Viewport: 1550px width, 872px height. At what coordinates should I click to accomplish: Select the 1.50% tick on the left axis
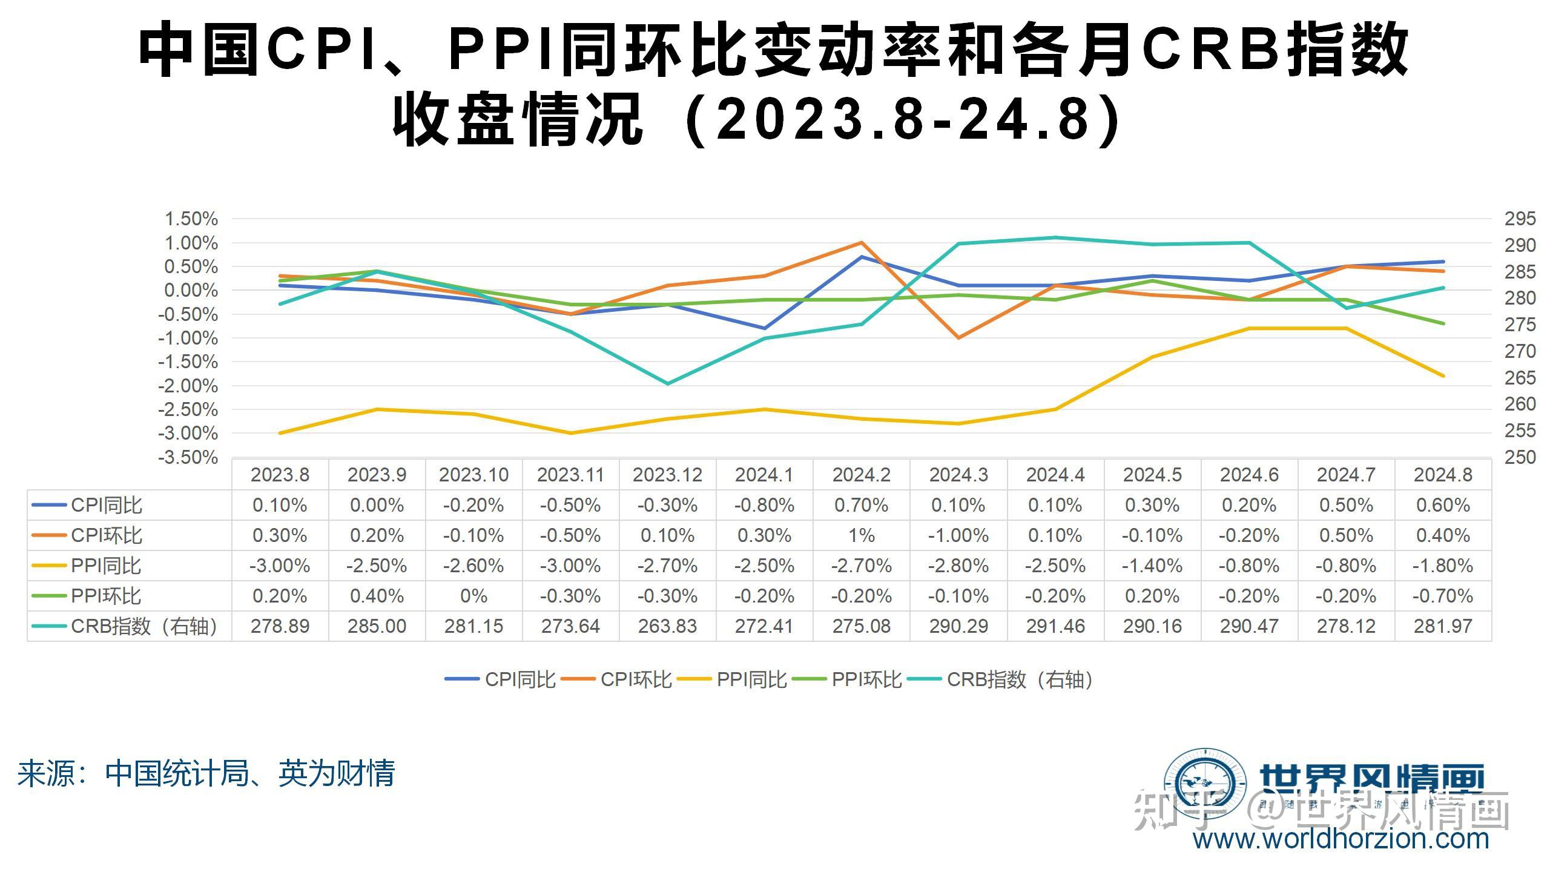191,219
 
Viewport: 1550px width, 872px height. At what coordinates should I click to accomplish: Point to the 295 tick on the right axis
1520,219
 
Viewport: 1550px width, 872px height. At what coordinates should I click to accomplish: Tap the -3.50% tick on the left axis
188,457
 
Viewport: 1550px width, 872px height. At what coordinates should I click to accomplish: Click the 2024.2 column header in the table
861,475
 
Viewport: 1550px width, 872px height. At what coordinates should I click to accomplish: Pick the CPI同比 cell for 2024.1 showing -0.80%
764,505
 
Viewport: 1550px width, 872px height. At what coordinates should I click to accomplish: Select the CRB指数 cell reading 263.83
667,626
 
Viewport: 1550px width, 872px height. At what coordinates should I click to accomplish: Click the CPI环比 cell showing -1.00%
958,535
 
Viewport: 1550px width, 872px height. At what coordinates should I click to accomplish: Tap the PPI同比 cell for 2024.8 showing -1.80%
1442,566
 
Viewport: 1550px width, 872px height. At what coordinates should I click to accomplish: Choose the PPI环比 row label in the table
106,596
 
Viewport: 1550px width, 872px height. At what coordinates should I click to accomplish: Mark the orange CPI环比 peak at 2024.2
861,243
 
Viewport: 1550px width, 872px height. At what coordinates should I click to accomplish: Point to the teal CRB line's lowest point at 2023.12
667,384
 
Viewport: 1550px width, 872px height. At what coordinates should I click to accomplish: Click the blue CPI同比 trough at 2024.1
764,328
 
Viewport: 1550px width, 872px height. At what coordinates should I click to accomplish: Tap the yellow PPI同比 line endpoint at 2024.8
1442,376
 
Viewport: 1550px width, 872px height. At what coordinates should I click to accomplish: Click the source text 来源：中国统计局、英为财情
206,773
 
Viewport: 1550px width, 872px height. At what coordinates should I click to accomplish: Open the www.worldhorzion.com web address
1341,839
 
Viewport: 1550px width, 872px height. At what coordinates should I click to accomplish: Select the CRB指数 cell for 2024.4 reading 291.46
1055,626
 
